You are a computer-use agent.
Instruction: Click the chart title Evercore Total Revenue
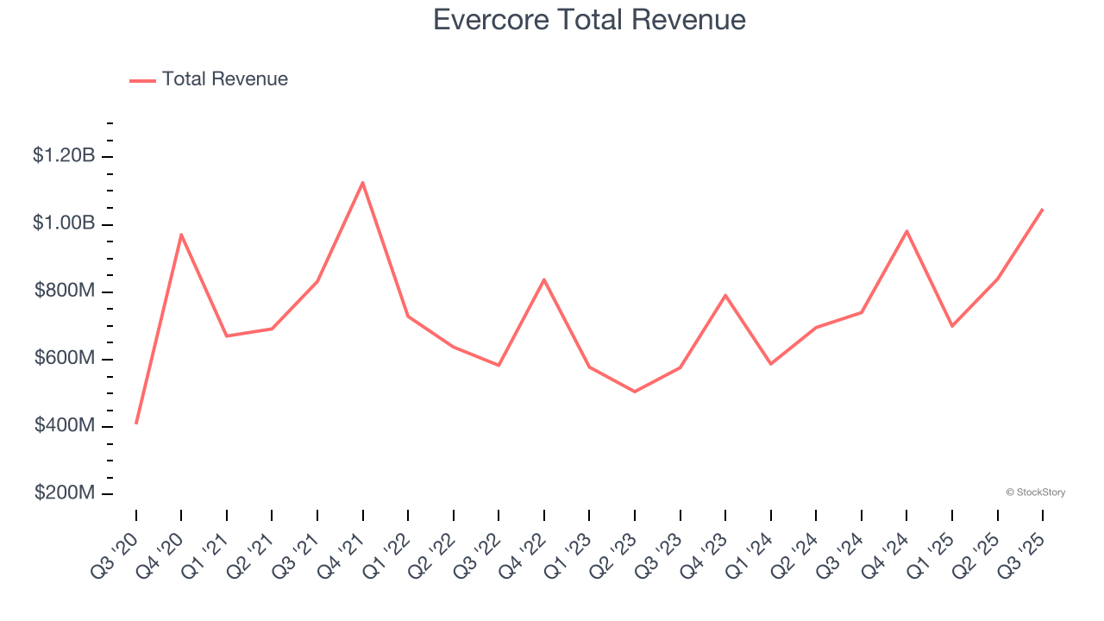[x=589, y=19]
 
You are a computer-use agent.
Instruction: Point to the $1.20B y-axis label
[x=64, y=156]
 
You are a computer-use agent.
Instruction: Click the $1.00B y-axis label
[x=64, y=223]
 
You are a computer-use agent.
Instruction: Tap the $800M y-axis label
[x=65, y=291]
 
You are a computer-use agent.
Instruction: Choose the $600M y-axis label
[x=65, y=358]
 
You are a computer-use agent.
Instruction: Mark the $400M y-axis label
[x=65, y=425]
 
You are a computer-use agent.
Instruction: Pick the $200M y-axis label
[x=65, y=492]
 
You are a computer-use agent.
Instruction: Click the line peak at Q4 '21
[x=362, y=182]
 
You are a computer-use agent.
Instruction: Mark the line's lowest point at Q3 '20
[x=136, y=423]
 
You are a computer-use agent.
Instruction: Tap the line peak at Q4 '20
[x=181, y=234]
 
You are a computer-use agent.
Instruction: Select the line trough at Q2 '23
[x=635, y=392]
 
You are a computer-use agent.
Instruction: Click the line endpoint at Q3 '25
[x=1042, y=209]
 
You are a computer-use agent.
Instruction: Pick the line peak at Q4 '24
[x=906, y=230]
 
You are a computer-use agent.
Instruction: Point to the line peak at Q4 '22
[x=544, y=279]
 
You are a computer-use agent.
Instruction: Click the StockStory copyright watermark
[x=1035, y=492]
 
